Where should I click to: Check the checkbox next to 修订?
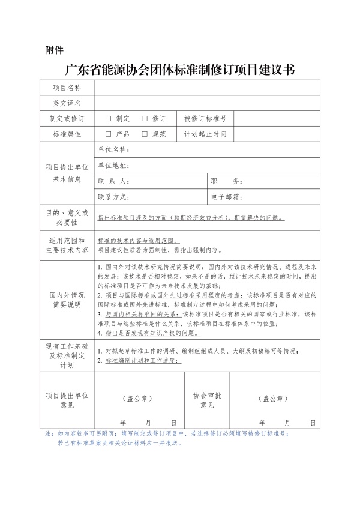pyautogui.click(x=145, y=119)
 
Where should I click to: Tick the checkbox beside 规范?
pyautogui.click(x=145, y=134)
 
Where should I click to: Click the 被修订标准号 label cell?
pyautogui.click(x=205, y=119)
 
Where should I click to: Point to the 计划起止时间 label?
pyautogui.click(x=205, y=134)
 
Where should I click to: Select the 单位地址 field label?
pyautogui.click(x=113, y=165)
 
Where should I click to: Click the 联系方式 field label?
pyautogui.click(x=113, y=196)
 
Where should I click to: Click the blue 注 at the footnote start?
pyautogui.click(x=49, y=433)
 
